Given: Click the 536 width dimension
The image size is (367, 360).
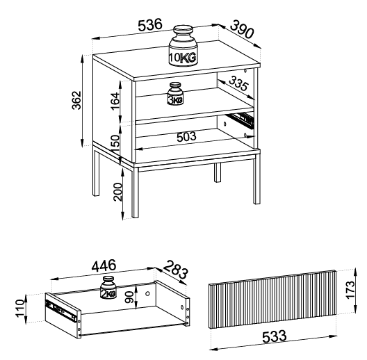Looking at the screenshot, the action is pos(150,25).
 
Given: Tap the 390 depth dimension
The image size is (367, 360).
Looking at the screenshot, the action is pos(242,29).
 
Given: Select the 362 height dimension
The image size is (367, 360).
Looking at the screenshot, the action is pos(76,100).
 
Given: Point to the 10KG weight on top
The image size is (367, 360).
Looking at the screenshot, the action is pos(183,45).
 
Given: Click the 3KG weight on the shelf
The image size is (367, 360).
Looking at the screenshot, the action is pos(176,94).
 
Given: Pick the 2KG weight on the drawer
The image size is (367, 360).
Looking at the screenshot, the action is pos(108,287).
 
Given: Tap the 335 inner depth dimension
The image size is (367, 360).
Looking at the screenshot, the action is pos(238,83).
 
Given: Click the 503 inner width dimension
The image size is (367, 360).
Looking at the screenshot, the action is pos(186,137).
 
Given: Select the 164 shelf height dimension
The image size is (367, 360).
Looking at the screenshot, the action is pos(115,101).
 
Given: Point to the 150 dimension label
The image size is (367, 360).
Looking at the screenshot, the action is pos(115,144).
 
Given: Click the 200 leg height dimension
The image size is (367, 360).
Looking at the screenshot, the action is pos(117,192).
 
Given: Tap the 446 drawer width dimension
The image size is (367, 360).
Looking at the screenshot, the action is pos(104,265).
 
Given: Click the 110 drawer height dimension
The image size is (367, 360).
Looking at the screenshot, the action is pos(20,309).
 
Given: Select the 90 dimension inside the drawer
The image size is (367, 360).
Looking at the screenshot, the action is pos(129,297).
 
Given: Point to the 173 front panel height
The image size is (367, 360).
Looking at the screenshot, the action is pos(350,290).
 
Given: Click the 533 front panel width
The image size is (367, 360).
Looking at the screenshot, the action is pos(274,336).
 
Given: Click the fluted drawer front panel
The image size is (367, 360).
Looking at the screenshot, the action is pos(272,299).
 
